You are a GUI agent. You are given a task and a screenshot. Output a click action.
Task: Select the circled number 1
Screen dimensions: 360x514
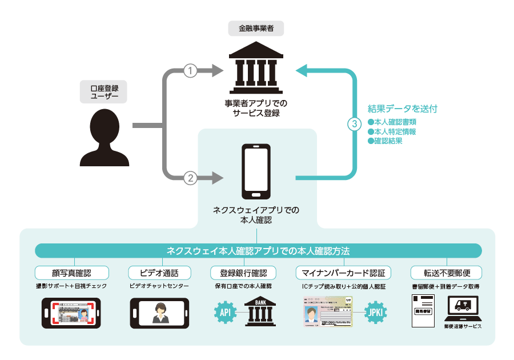[190, 70]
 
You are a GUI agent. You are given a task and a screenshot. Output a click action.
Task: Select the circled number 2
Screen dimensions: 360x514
[190, 178]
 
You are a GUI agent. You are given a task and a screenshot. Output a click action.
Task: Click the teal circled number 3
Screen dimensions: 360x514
[355, 123]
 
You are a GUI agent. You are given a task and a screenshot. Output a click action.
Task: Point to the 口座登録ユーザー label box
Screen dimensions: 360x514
[103, 92]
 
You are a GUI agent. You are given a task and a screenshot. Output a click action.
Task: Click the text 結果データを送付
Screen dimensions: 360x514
[403, 109]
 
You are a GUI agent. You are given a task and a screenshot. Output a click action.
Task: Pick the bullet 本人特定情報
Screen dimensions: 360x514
[394, 131]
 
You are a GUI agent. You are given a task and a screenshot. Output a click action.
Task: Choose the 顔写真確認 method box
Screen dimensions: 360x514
[71, 272]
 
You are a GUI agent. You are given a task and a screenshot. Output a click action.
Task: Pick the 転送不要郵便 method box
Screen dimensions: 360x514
[446, 272]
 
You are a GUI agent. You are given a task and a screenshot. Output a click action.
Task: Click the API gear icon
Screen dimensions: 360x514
[225, 312]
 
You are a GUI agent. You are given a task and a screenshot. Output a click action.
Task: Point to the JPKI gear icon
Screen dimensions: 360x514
[375, 312]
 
